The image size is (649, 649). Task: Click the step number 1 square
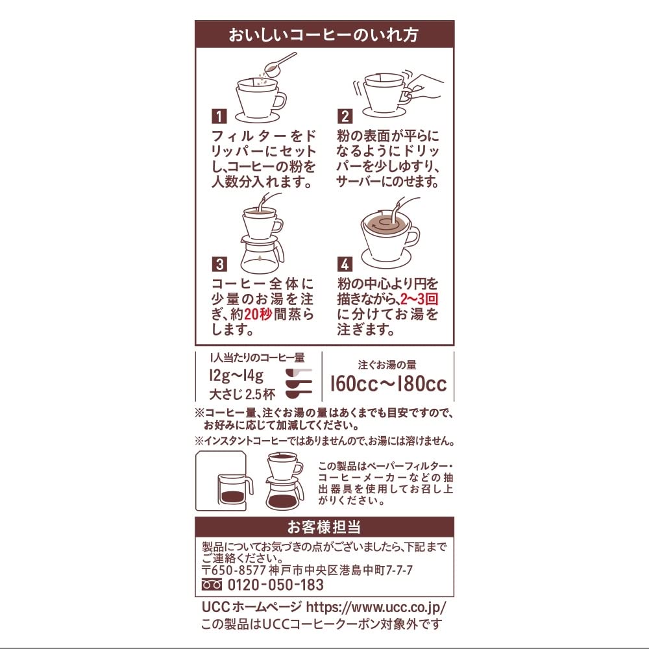click(x=220, y=116)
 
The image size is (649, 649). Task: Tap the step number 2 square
click(x=345, y=116)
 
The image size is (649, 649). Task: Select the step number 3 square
click(x=220, y=264)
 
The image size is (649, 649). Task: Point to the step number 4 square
click(x=345, y=264)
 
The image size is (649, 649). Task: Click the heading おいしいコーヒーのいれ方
click(x=324, y=35)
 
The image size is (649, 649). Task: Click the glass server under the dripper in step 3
click(x=261, y=254)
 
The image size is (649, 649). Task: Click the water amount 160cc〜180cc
click(x=388, y=383)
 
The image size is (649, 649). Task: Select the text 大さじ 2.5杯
click(x=242, y=393)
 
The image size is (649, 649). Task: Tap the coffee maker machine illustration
click(x=224, y=482)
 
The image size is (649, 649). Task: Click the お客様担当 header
click(x=324, y=526)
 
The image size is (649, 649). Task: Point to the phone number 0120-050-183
click(x=276, y=585)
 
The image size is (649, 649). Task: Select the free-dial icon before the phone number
click(x=212, y=585)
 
